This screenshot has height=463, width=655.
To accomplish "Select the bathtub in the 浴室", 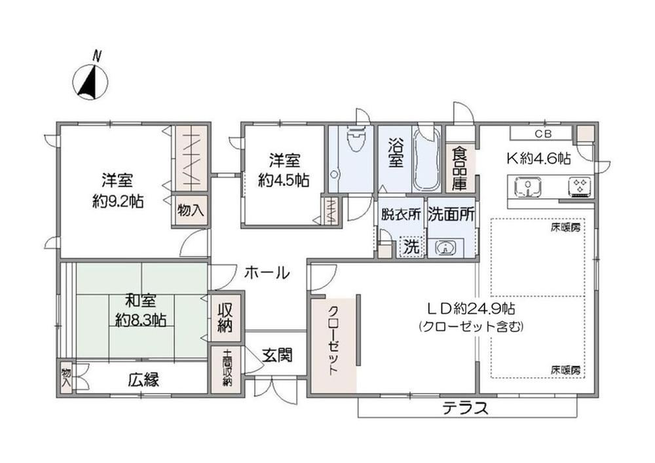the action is pos(426,160).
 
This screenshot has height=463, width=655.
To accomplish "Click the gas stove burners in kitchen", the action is pos(580,186).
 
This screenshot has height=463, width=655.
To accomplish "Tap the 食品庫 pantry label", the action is pos(460,168).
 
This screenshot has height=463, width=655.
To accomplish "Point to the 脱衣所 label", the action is pos(401,214).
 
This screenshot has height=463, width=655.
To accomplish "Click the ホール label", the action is pos(267,273).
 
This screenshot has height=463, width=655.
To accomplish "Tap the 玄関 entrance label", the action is pos(277,356).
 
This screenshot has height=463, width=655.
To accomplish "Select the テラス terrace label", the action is pos(465,407).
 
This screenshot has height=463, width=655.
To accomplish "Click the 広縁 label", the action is pos(143,380).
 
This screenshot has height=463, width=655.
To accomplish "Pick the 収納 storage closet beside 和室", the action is pos(225,318).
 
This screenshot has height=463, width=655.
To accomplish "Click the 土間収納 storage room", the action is pos(226,369).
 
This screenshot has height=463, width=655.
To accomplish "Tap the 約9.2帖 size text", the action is pos(118,202).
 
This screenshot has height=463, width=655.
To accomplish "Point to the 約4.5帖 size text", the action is pos(284,180).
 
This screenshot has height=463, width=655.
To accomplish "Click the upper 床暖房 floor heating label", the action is pos(565,228).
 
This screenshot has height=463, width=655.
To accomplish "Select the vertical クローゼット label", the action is pos(333,341).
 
